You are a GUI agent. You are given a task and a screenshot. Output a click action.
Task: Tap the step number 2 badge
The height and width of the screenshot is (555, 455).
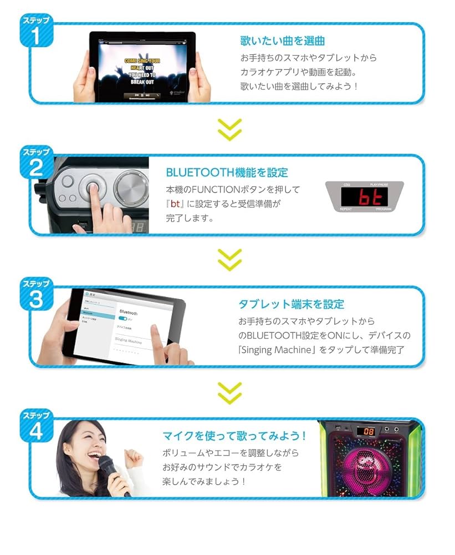(x=35, y=164)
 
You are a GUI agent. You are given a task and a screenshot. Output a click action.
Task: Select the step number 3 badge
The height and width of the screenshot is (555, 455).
(x=35, y=296)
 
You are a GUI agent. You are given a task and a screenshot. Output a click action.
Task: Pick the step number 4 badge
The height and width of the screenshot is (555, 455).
(x=35, y=427)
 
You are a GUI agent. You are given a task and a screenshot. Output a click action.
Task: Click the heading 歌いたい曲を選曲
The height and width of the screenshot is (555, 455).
(x=282, y=41)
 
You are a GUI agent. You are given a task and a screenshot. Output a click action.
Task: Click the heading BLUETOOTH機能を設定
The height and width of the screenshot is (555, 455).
(x=227, y=173)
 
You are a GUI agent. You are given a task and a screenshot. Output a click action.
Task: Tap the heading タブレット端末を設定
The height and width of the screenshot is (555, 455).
(x=291, y=304)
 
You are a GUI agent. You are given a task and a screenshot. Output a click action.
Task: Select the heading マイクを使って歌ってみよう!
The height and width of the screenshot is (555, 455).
(x=234, y=436)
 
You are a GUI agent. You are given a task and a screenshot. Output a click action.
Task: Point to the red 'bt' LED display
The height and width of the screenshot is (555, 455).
(x=364, y=197)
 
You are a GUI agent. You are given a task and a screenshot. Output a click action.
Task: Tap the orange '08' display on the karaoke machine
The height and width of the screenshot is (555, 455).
(x=368, y=431)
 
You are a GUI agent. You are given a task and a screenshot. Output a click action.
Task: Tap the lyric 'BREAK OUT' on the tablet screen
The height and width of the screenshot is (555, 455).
(x=142, y=82)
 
